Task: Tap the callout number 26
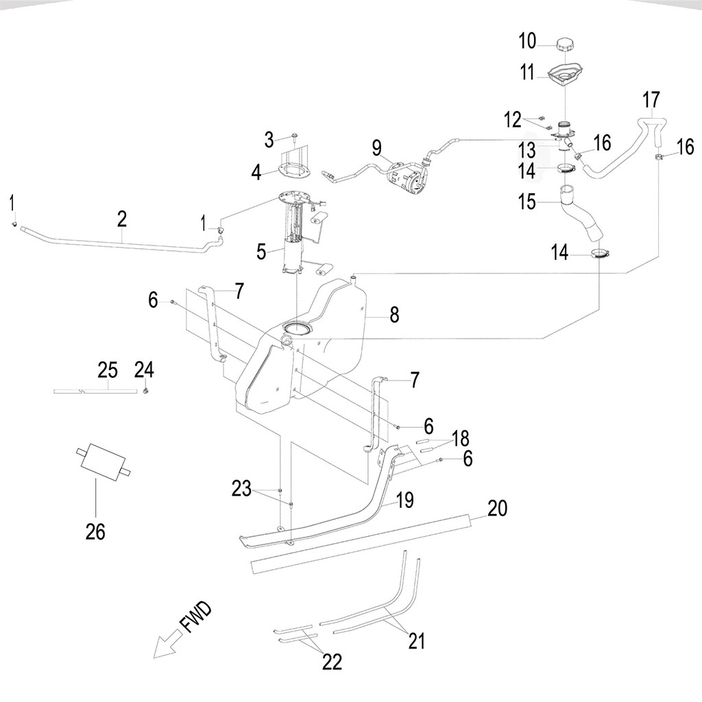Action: click(x=95, y=531)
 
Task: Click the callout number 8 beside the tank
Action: click(x=394, y=315)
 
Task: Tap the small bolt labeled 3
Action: click(x=294, y=137)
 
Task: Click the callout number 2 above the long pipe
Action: click(x=121, y=219)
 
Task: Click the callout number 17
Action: click(x=651, y=100)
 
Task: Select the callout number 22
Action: click(x=332, y=662)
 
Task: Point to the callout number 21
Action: click(x=416, y=641)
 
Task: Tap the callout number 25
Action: click(x=108, y=370)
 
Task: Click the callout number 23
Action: click(x=242, y=489)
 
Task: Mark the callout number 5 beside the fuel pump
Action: click(x=261, y=252)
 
